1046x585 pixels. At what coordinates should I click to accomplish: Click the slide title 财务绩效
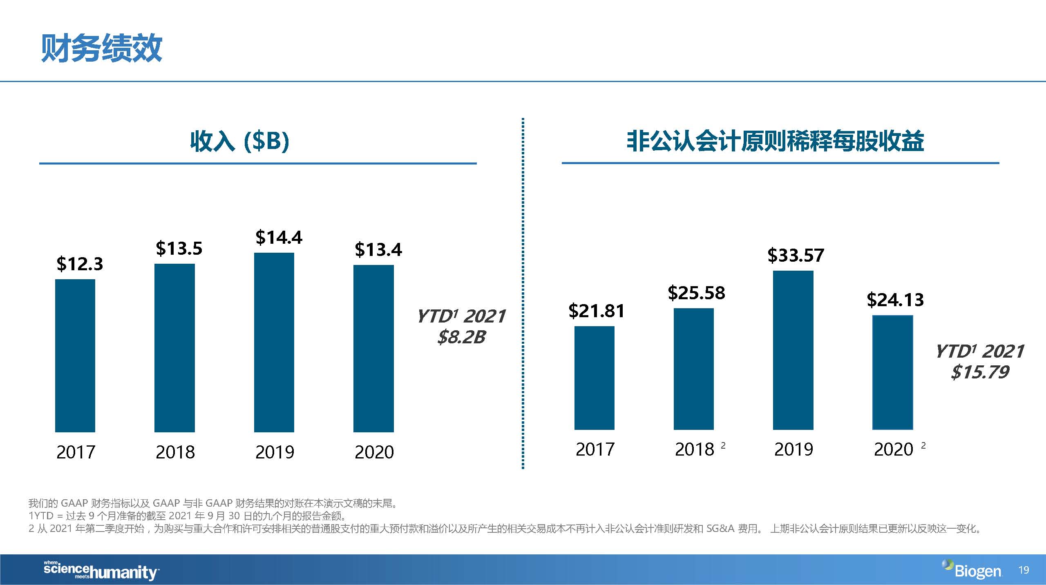101,48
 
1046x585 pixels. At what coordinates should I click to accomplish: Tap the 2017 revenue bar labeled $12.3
75,355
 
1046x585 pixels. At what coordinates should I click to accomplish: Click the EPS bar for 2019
793,350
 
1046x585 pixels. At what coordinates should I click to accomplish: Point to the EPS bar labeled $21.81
594,378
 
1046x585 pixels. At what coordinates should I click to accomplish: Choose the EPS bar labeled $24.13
892,372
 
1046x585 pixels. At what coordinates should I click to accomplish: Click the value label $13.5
179,248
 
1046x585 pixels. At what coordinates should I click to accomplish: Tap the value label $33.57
796,255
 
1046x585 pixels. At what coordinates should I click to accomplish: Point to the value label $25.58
696,293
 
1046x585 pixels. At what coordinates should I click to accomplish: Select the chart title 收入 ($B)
240,141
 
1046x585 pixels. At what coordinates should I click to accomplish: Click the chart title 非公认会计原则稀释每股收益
775,141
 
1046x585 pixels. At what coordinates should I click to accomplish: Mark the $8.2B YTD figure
461,337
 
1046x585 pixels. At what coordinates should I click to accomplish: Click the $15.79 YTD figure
980,372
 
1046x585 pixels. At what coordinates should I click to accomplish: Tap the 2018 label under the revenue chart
175,452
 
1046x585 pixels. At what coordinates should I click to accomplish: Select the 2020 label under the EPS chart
894,449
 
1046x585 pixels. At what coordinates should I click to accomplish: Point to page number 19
1024,570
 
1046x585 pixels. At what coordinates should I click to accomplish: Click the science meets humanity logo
101,570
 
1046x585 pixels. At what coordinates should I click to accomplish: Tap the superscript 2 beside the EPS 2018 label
723,445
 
